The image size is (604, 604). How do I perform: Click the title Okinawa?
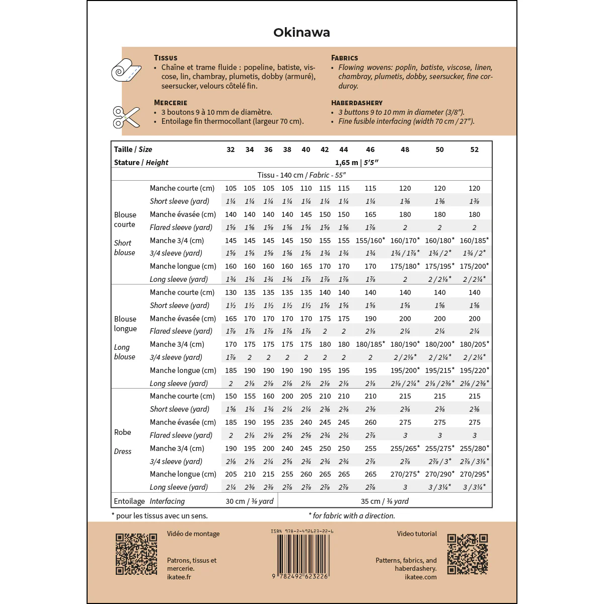(x=301, y=33)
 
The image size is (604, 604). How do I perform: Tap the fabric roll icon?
(x=125, y=69)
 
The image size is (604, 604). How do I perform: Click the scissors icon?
(x=126, y=117)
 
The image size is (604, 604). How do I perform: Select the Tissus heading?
(x=166, y=58)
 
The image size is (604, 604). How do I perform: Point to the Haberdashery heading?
(x=357, y=103)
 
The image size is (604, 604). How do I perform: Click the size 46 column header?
(x=370, y=149)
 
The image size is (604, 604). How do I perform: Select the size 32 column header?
(x=231, y=149)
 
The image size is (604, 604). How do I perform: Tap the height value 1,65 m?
(x=347, y=163)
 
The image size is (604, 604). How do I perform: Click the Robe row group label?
(x=122, y=432)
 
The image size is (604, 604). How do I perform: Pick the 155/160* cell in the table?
(x=370, y=241)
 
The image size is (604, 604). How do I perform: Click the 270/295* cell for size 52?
(x=474, y=474)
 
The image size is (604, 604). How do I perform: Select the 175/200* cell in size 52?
(x=474, y=266)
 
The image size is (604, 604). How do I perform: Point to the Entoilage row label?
(x=129, y=501)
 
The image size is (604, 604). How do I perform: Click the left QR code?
(x=136, y=554)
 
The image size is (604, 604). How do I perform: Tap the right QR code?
(x=467, y=554)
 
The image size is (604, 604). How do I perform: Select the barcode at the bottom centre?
(x=302, y=554)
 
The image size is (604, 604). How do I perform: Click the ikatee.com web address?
(x=421, y=577)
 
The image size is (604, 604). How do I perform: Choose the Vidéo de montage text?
(x=193, y=534)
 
